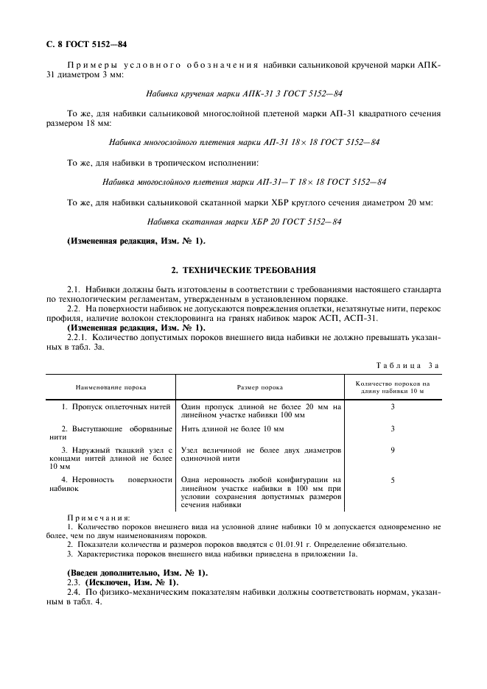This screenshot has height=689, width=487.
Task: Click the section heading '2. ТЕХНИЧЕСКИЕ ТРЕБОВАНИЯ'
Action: pos(243,270)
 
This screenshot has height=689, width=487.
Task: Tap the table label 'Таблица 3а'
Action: pos(407,365)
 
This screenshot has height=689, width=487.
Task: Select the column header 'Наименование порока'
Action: pos(111,386)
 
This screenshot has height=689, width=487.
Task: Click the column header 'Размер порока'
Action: pos(259,386)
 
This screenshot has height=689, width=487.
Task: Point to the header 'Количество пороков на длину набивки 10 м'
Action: pos(392,386)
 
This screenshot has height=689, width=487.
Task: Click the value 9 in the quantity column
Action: pos(392,450)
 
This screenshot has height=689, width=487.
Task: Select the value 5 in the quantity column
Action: pos(392,480)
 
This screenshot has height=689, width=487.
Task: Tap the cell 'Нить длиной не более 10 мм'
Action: pos(232,428)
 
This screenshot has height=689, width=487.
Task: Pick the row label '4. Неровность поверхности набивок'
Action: pos(111,484)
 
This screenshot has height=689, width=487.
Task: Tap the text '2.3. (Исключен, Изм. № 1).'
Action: pos(122,582)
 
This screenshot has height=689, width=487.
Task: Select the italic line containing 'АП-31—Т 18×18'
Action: pos(243,181)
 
